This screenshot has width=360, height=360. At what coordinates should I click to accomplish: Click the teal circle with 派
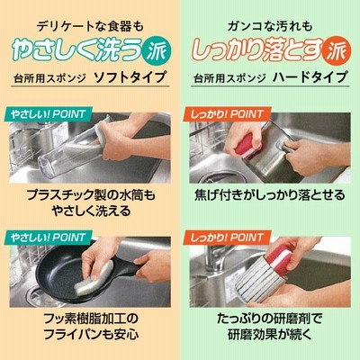point(157,50)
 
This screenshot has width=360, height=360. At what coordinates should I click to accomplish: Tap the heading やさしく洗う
point(76,50)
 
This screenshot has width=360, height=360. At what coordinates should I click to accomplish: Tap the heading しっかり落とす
point(257,50)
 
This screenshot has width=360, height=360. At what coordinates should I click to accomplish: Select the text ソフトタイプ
point(130,77)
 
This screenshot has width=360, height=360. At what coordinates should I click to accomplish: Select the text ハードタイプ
point(310,77)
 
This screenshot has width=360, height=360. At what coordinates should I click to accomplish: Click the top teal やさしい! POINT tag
point(48,114)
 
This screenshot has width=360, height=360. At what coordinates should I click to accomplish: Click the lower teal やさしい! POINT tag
point(48,238)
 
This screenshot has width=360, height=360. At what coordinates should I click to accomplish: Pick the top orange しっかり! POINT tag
point(227,114)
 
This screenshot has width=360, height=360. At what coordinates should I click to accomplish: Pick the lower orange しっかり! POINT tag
point(227,238)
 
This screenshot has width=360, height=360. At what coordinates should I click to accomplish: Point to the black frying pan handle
point(126,267)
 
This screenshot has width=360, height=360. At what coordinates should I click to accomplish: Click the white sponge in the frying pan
point(93,278)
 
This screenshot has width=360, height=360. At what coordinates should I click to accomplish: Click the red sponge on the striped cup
point(280,258)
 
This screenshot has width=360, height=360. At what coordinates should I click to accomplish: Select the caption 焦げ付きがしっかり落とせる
point(270,195)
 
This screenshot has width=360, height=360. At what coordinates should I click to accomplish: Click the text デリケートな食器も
point(90,27)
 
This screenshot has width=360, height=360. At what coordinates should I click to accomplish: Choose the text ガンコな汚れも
point(270,27)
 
